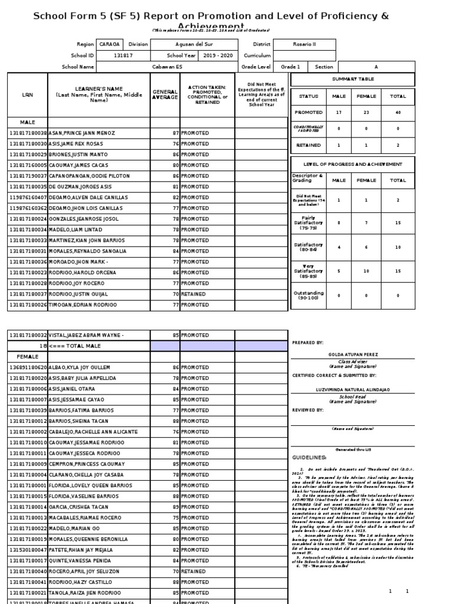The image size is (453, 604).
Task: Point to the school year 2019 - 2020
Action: click(217, 55)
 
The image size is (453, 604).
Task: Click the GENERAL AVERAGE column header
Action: click(165, 94)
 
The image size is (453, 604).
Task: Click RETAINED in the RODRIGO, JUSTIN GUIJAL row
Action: click(193, 294)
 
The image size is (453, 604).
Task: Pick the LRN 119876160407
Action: click(27, 198)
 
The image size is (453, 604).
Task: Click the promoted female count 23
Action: click(359, 111)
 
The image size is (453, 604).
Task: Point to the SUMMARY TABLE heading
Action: click(353, 79)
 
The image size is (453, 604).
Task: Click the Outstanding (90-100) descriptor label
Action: click(307, 296)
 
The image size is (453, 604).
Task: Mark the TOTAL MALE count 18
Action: click(43, 346)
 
